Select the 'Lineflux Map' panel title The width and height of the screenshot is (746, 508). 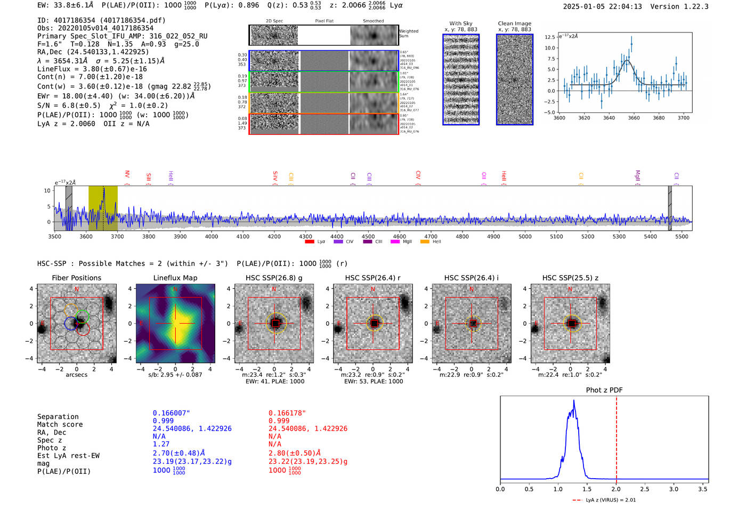pos(175,278)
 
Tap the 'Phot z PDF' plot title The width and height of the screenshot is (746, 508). pos(604,390)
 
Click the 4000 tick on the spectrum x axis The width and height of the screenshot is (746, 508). pos(212,236)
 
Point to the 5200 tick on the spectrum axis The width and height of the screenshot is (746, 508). pos(588,236)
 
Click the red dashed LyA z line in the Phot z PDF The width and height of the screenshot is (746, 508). pos(617,437)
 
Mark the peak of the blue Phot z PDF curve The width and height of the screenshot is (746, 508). pos(574,401)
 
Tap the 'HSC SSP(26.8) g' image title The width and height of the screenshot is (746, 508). pos(274,278)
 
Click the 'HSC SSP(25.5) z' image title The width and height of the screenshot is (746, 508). pos(570,278)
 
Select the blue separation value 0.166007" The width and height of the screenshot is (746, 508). pos(171,413)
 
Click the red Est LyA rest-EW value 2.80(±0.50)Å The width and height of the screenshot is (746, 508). pos(295,453)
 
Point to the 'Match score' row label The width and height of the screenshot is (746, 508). pos(60,424)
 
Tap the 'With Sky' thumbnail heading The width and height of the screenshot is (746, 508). pos(460,23)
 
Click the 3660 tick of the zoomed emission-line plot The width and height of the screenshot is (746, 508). pos(634,118)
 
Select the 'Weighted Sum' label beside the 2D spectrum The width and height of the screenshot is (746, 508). pos(408,34)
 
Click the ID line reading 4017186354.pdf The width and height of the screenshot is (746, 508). pos(101,20)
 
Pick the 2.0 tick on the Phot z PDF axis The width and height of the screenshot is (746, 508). pos(616,489)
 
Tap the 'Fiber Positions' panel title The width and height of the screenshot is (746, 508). pos(76,278)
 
